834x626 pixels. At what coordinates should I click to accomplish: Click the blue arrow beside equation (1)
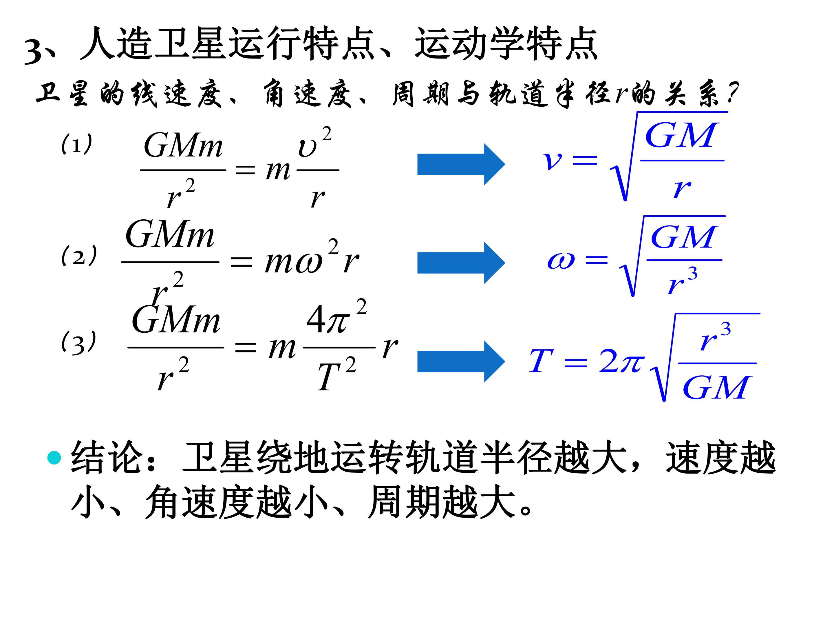point(461,165)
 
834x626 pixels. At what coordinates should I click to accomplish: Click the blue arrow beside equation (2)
point(461,263)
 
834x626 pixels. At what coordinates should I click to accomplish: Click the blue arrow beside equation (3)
point(461,361)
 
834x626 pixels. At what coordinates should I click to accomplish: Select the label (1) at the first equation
point(76,144)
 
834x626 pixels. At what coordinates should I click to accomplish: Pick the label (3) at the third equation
point(79,342)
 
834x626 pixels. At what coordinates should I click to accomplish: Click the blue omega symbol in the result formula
point(561,260)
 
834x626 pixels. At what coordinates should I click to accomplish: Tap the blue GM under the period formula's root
point(715,387)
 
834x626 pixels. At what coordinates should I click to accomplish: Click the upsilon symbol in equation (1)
point(307,148)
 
